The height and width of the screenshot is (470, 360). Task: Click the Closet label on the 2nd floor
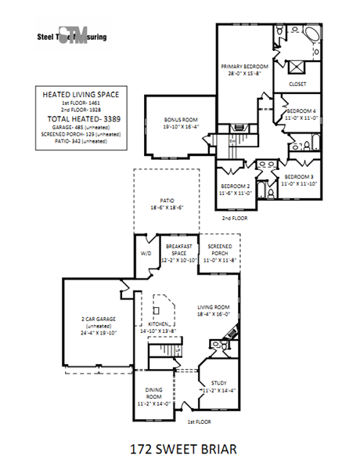(297, 83)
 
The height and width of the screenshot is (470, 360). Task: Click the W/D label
(146, 254)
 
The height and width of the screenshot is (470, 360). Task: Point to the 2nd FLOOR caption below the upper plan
(234, 218)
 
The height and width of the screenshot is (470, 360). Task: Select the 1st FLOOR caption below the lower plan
(199, 421)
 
